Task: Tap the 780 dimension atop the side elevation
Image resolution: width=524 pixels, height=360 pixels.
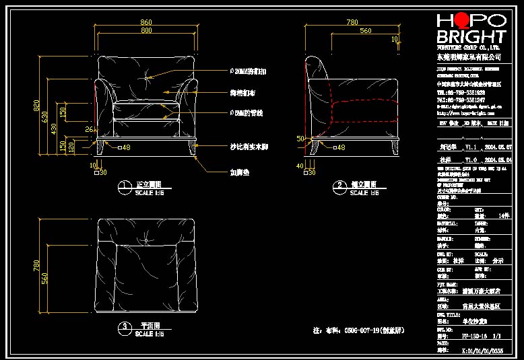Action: tap(352, 23)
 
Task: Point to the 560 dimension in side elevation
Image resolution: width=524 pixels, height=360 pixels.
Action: tap(364, 31)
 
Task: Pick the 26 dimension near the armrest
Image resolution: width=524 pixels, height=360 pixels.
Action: tap(88, 129)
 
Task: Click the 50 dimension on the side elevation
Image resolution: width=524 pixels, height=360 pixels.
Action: tap(301, 138)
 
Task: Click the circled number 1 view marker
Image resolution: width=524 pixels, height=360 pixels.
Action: tap(124, 186)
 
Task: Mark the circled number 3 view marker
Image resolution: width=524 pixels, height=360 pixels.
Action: tap(124, 328)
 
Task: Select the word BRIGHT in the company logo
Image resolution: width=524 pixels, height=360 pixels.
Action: tap(471, 36)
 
